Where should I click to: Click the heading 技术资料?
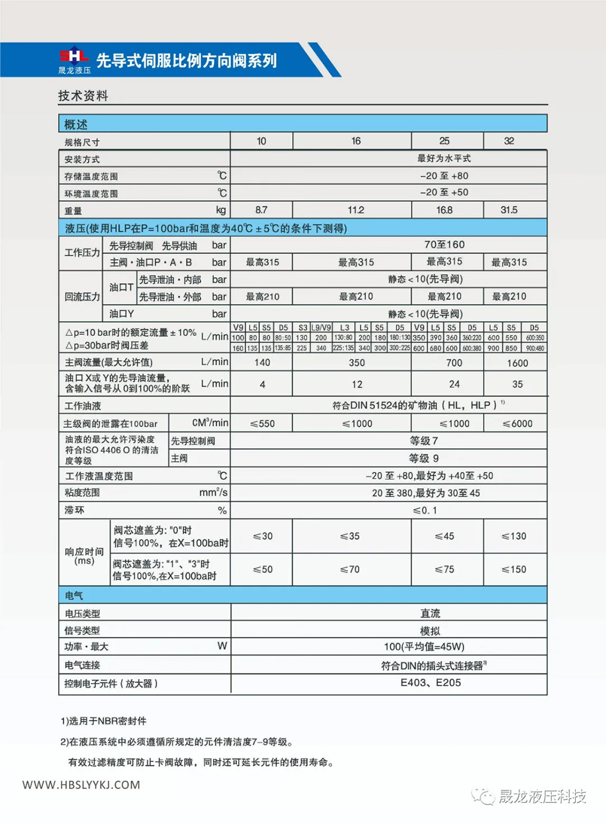(x=83, y=96)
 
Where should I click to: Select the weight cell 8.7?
(x=261, y=210)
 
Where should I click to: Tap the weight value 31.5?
(x=509, y=210)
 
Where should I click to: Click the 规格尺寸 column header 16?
(x=356, y=141)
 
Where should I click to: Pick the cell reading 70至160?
(x=444, y=244)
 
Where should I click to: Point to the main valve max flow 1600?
(x=517, y=363)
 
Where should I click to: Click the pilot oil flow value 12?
(x=357, y=385)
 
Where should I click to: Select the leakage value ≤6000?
(x=518, y=423)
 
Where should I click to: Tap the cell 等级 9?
(x=424, y=459)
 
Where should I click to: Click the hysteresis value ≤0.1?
(x=425, y=510)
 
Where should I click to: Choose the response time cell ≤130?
(x=514, y=536)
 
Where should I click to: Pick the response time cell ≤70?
(x=350, y=569)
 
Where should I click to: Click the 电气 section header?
(x=75, y=596)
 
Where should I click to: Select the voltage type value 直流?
(x=430, y=613)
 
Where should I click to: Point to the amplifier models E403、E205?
(x=430, y=683)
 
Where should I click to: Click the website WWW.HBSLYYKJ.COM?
(x=81, y=785)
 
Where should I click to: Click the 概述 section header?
(x=76, y=124)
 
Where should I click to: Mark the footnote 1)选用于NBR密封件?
(x=104, y=721)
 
